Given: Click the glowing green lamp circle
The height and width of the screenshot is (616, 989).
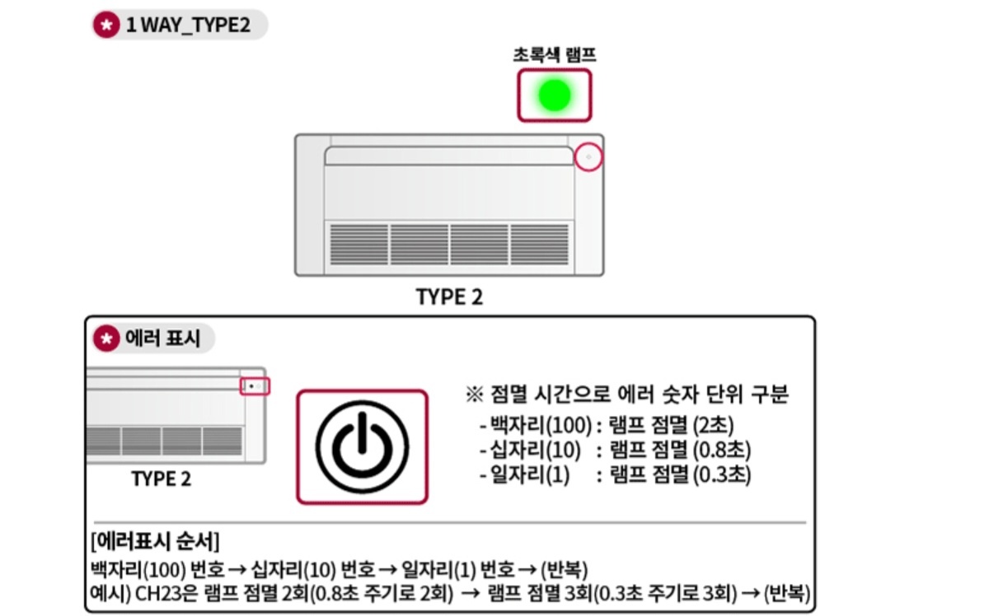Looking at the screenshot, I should pyautogui.click(x=554, y=96).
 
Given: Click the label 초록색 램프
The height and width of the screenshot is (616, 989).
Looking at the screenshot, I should pyautogui.click(x=554, y=55).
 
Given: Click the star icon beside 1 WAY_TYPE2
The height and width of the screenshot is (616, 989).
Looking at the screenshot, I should pyautogui.click(x=105, y=26).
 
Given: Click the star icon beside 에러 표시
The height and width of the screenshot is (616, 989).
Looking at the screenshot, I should pyautogui.click(x=105, y=338).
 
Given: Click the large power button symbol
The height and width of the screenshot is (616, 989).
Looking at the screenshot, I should pyautogui.click(x=363, y=446).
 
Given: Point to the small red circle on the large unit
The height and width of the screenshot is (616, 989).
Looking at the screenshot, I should pyautogui.click(x=588, y=156).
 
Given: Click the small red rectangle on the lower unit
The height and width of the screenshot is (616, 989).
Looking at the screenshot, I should pyautogui.click(x=255, y=386).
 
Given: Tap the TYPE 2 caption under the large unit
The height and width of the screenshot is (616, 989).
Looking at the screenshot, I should pyautogui.click(x=449, y=297).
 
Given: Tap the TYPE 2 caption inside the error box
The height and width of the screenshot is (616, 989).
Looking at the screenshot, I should pyautogui.click(x=161, y=478).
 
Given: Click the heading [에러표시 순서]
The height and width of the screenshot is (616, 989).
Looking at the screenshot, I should pyautogui.click(x=157, y=541).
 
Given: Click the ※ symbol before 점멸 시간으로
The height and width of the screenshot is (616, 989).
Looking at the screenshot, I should pyautogui.click(x=473, y=395).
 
